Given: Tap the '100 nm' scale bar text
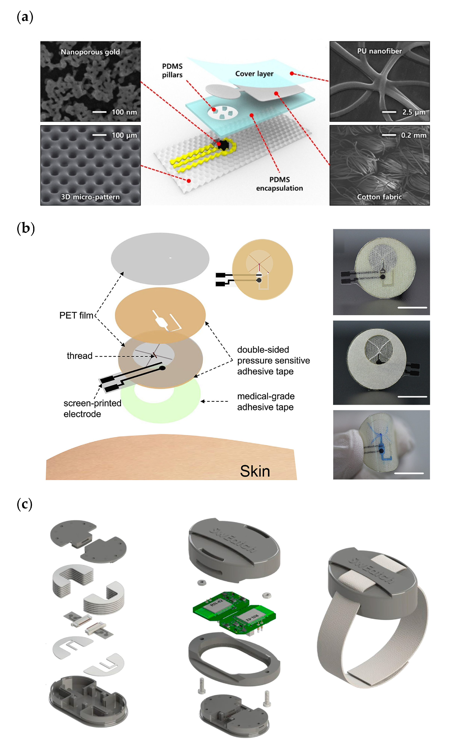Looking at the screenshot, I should (124, 112).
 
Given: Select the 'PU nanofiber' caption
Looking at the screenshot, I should (379, 51).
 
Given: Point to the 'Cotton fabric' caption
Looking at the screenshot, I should (379, 197).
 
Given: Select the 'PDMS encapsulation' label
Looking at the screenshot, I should (279, 184).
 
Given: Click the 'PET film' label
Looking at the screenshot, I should (76, 315).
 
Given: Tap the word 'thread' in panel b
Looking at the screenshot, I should (79, 356).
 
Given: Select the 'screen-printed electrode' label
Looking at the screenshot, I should (92, 408).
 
